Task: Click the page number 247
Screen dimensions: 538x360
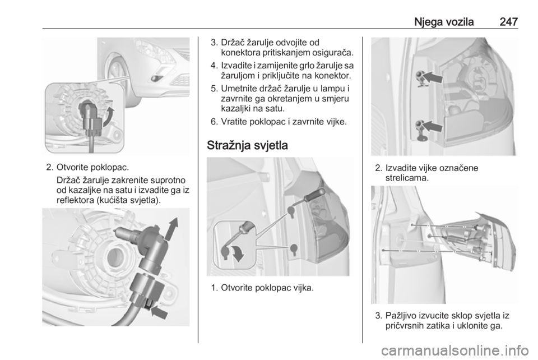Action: (x=508, y=22)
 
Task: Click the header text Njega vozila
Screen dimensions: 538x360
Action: (x=444, y=22)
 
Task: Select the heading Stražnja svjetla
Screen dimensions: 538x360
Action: (x=247, y=145)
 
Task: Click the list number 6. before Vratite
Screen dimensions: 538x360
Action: (x=215, y=122)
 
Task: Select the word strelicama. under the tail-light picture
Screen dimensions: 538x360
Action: (x=407, y=178)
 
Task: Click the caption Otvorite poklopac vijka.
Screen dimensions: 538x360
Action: (x=267, y=288)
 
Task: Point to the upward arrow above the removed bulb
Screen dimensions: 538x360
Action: (x=172, y=229)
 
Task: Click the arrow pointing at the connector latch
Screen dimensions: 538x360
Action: (x=159, y=312)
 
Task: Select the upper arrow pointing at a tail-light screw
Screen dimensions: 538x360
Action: (x=432, y=77)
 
